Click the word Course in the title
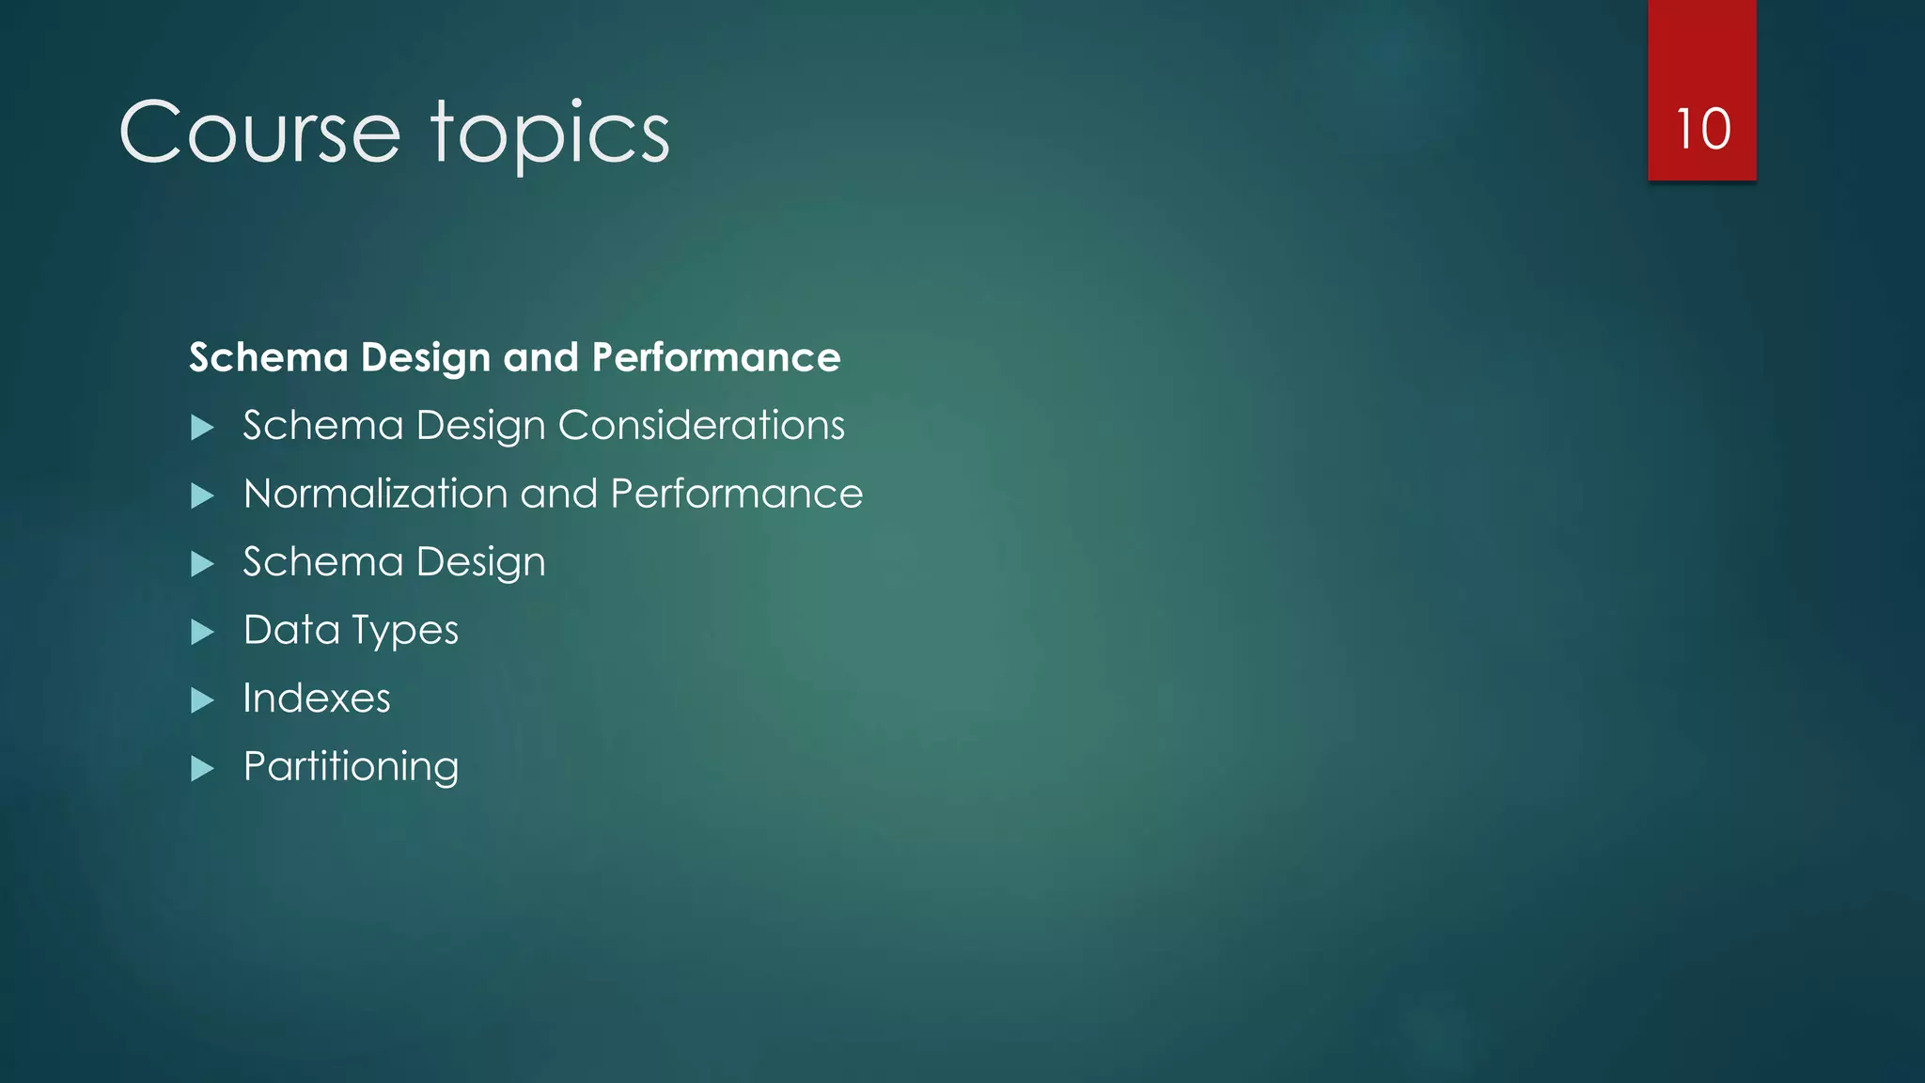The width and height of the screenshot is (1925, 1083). pyautogui.click(x=259, y=133)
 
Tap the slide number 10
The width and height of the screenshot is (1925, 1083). pyautogui.click(x=1702, y=129)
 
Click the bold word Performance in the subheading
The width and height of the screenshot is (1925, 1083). pyautogui.click(x=716, y=358)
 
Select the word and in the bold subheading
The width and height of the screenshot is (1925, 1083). pyautogui.click(x=540, y=358)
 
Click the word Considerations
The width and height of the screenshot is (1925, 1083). pyautogui.click(x=701, y=426)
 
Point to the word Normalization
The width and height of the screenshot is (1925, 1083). pyautogui.click(x=374, y=494)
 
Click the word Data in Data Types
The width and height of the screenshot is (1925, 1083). pyautogui.click(x=291, y=630)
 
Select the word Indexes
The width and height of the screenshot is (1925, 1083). pyautogui.click(x=316, y=698)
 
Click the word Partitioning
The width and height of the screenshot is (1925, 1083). pyautogui.click(x=351, y=767)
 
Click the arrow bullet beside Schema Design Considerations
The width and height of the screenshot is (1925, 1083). pyautogui.click(x=202, y=428)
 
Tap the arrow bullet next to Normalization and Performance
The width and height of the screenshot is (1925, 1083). pyautogui.click(x=202, y=495)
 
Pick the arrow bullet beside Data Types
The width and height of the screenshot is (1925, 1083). pyautogui.click(x=202, y=632)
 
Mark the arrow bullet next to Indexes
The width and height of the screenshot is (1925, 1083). pyautogui.click(x=202, y=700)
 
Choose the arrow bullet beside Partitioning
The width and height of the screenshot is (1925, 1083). pyautogui.click(x=202, y=769)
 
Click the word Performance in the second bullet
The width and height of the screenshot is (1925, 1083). pyautogui.click(x=736, y=494)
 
